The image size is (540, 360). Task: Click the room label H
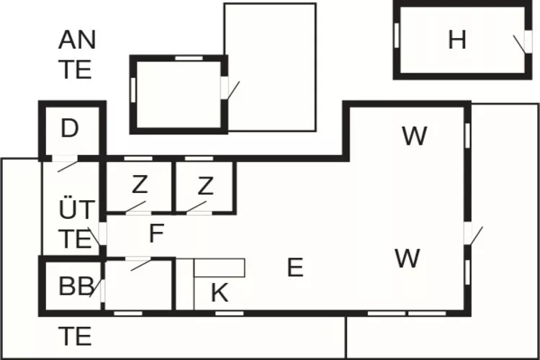[x=456, y=40]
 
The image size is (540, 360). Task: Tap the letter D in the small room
[x=69, y=129]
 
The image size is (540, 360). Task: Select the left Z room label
[x=139, y=186]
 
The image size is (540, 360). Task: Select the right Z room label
[x=205, y=186]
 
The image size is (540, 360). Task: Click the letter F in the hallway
[x=156, y=234]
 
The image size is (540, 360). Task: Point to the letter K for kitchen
[x=220, y=293]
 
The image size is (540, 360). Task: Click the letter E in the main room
[x=294, y=268]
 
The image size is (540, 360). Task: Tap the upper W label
[x=414, y=135]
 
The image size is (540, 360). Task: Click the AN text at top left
[x=76, y=40]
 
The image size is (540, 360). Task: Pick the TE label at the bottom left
[x=75, y=336]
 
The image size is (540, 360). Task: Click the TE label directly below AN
[x=75, y=70]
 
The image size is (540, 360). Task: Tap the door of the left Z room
[x=134, y=209]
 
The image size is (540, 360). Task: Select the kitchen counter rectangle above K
[x=220, y=268]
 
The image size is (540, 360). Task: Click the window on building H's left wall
[x=397, y=35]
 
